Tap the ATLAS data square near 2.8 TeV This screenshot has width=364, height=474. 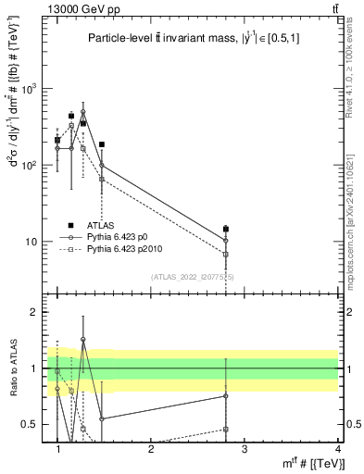(226, 229)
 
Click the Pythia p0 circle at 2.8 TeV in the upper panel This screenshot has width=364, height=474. (226, 241)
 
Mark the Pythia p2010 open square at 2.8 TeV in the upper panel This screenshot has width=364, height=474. (226, 254)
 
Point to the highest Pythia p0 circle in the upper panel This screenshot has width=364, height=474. (83, 112)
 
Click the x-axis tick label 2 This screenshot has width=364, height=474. (151, 449)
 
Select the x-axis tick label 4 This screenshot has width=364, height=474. (338, 449)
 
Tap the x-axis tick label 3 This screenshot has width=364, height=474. (245, 449)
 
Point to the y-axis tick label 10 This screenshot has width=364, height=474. (34, 242)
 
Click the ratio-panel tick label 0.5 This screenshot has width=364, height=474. (31, 425)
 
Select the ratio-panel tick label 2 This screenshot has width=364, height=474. (37, 313)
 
